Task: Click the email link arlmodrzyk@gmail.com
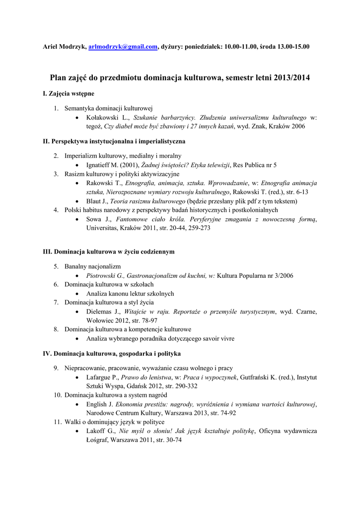click(123, 47)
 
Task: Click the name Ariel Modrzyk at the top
click(64, 47)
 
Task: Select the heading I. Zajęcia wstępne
click(69, 93)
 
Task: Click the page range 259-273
click(198, 228)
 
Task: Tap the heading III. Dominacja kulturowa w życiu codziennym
click(109, 252)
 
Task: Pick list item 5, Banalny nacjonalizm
click(92, 266)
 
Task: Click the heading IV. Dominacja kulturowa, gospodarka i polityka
click(112, 354)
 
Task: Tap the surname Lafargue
click(99, 377)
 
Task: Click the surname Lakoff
click(96, 431)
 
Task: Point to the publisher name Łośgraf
click(97, 440)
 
